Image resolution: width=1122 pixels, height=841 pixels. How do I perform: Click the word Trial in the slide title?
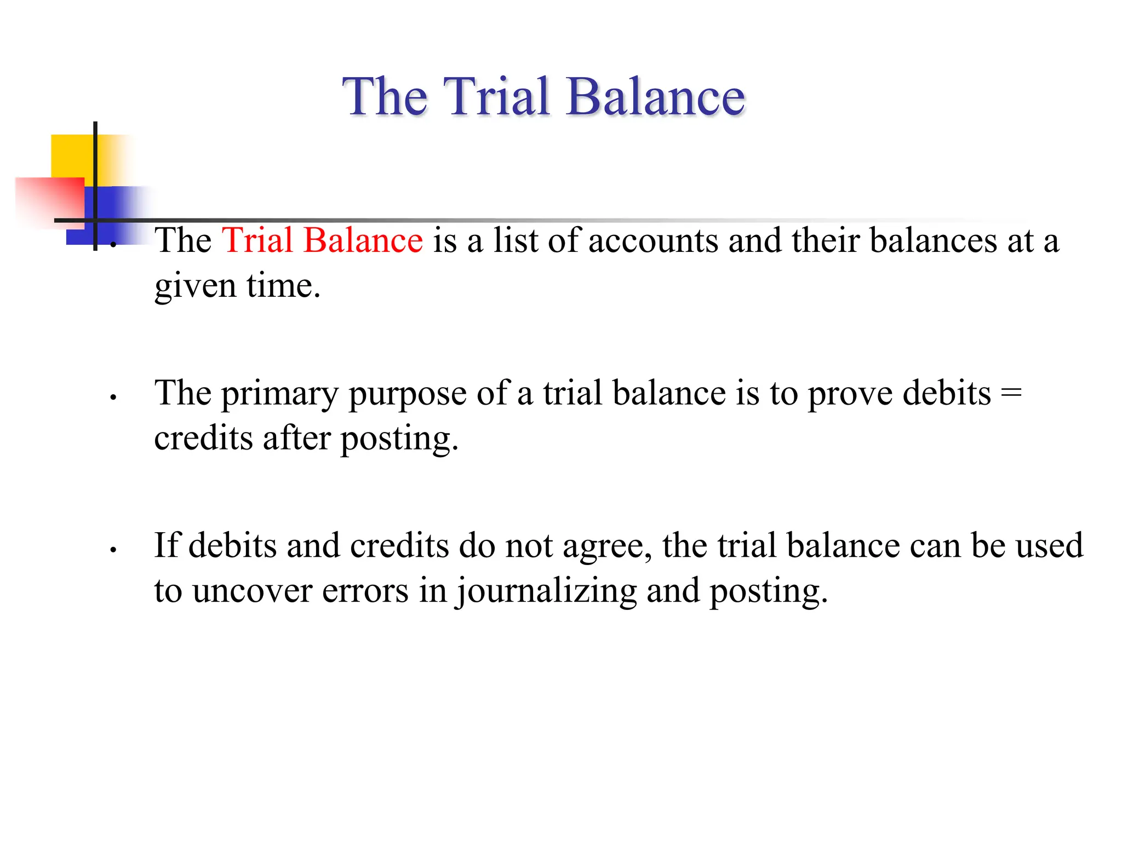coord(497,96)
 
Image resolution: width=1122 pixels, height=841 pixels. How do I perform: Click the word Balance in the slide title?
coord(655,96)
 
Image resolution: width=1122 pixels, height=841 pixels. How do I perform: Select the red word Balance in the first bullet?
coord(363,240)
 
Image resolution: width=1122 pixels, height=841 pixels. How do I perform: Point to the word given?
coord(195,286)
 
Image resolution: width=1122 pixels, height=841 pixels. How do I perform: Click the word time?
coord(283,285)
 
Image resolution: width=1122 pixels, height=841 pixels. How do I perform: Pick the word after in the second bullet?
coord(296,438)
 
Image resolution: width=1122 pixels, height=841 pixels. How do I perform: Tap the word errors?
coord(365,591)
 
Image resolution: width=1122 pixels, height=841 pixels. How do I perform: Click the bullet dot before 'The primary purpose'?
coord(113,398)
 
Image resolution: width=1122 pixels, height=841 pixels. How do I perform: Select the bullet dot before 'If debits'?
coord(113,550)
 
